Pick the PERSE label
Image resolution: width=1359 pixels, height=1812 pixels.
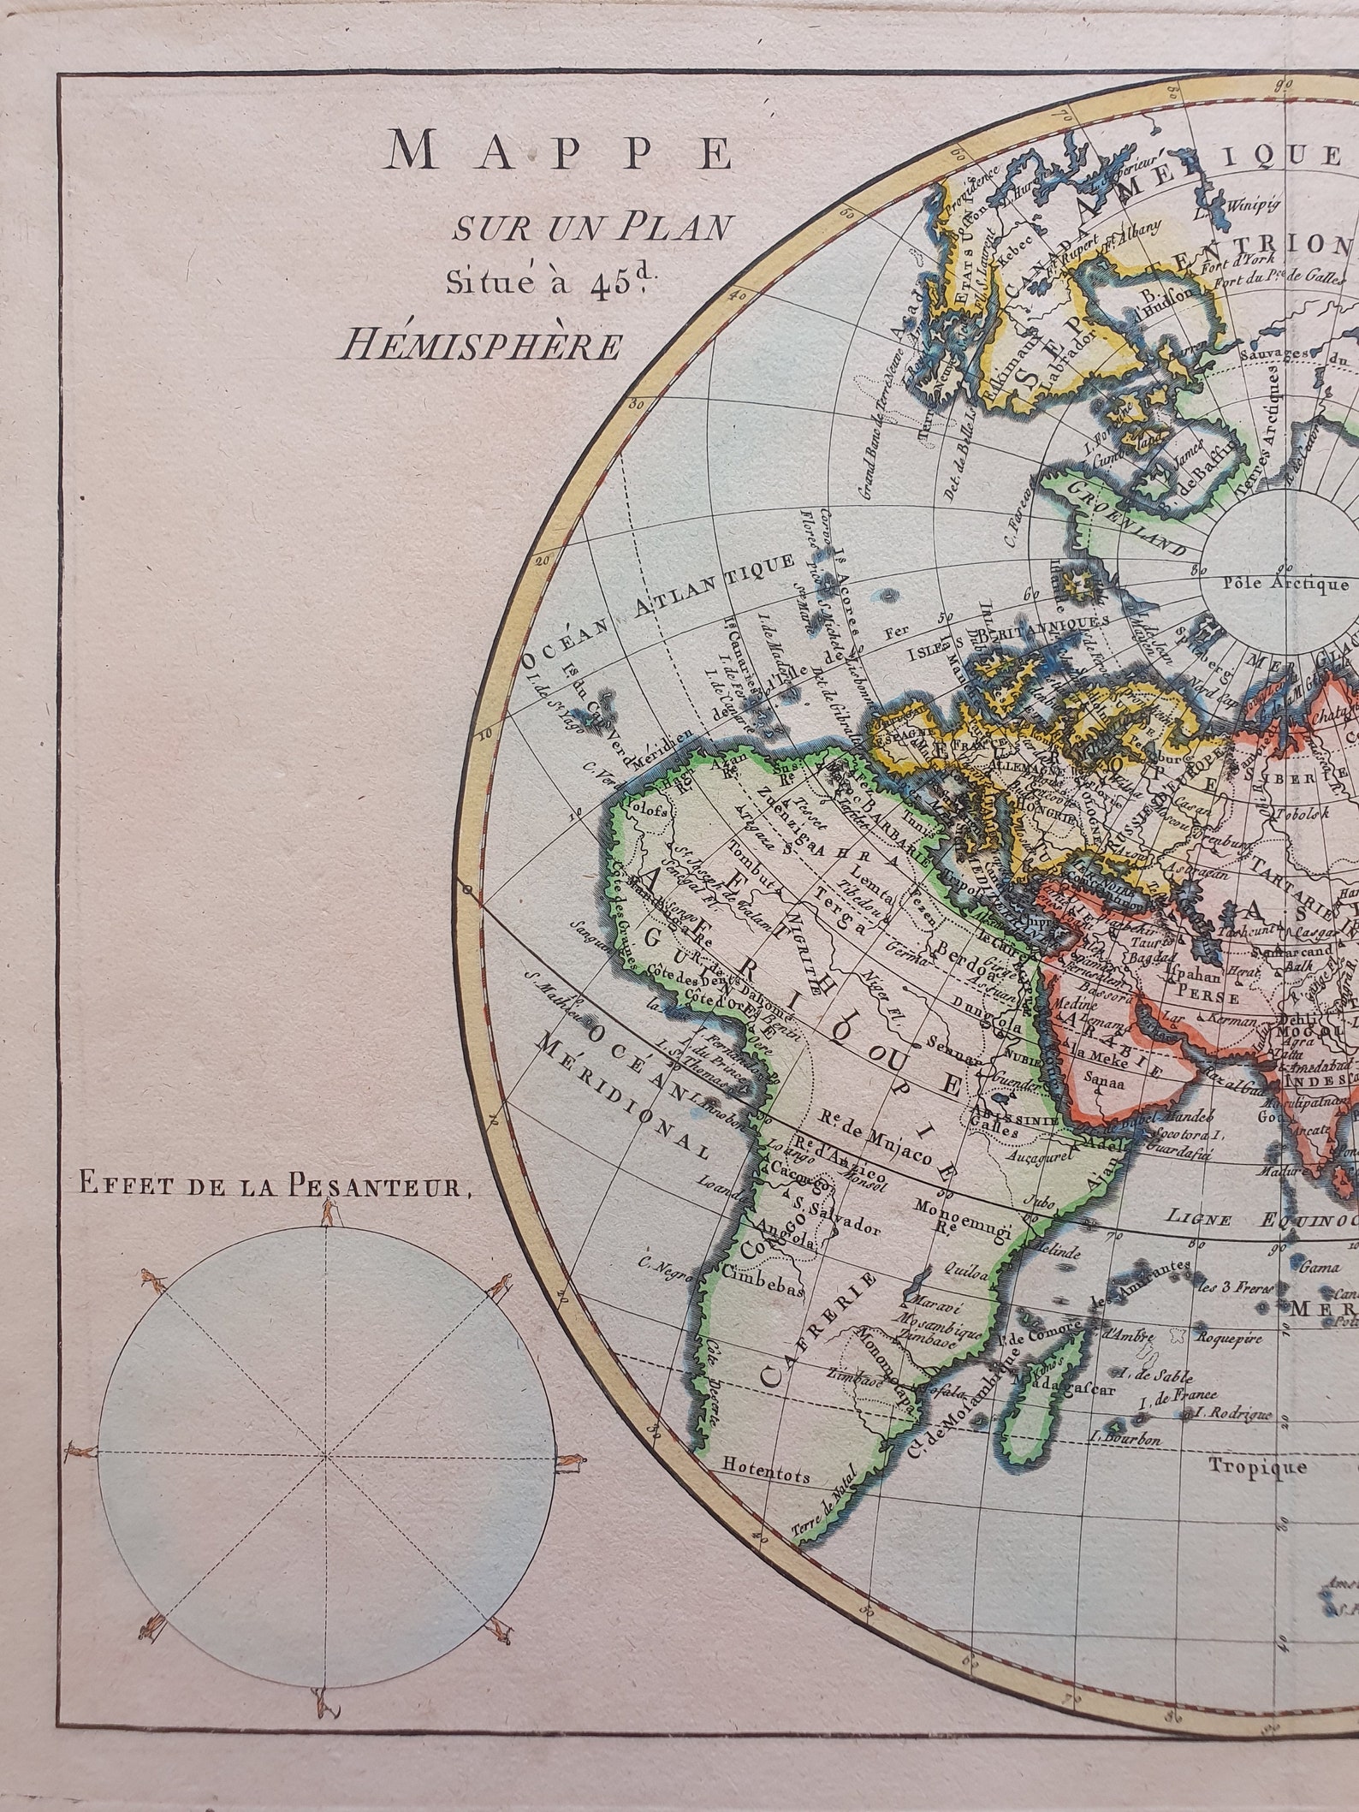pyautogui.click(x=1208, y=997)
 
